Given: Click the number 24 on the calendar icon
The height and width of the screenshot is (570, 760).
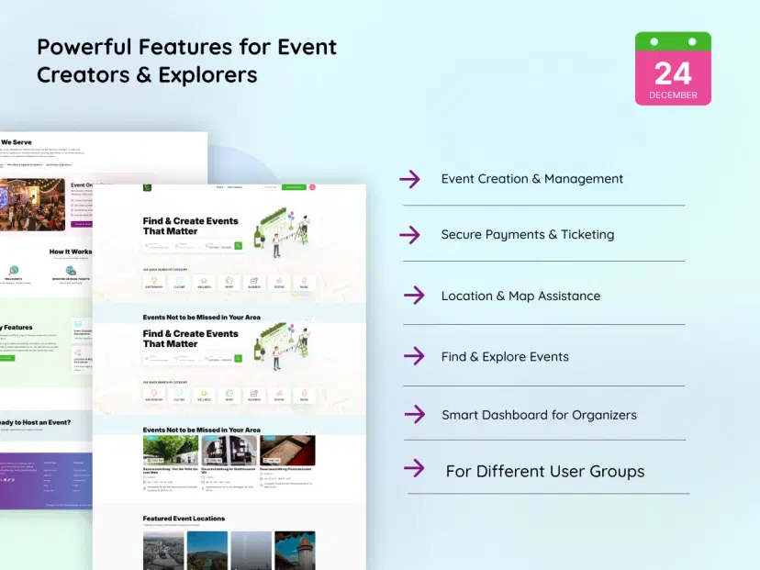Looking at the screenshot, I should (673, 73).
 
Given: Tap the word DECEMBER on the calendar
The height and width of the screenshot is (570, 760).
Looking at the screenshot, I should (673, 95).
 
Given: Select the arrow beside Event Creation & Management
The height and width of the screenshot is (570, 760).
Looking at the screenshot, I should (410, 179).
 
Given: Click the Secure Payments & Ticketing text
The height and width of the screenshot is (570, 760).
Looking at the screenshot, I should (527, 235).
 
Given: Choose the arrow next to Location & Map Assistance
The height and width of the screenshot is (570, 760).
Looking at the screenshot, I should (414, 296).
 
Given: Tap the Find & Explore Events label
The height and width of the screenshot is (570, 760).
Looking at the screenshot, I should (505, 357).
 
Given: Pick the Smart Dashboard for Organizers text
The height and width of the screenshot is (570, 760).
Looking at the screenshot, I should (539, 415).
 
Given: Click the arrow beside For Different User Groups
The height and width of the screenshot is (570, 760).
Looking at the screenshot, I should (414, 469).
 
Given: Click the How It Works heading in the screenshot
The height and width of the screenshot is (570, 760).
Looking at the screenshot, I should (71, 251).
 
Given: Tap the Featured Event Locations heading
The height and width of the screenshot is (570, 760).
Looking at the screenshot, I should (184, 519).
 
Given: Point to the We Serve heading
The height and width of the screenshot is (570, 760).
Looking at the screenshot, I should (18, 142).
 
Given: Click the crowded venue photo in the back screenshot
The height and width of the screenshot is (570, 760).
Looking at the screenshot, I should (32, 204).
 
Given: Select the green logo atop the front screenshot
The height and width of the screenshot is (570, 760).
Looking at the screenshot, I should (147, 187).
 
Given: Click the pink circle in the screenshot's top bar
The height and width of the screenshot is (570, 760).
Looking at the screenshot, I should (312, 187).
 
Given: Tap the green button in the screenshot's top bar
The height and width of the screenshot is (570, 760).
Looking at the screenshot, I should (294, 187).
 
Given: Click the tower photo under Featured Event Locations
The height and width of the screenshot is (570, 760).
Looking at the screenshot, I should (295, 550).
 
